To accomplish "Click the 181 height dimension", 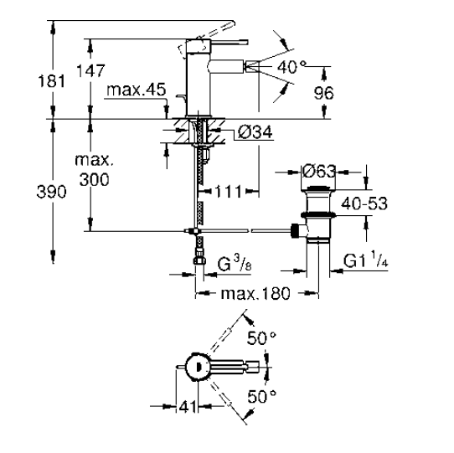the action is click(x=52, y=80).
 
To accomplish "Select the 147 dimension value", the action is click(x=90, y=70).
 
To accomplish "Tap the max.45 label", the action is click(x=137, y=90).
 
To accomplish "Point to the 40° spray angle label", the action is click(x=291, y=67).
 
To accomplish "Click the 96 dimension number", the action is click(x=323, y=93).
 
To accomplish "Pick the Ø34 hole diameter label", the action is click(x=255, y=132).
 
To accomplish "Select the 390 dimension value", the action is click(x=52, y=192).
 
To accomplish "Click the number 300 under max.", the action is click(x=95, y=179).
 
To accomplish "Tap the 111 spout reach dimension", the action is click(x=229, y=192).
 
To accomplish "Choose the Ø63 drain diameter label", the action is click(x=319, y=171).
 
